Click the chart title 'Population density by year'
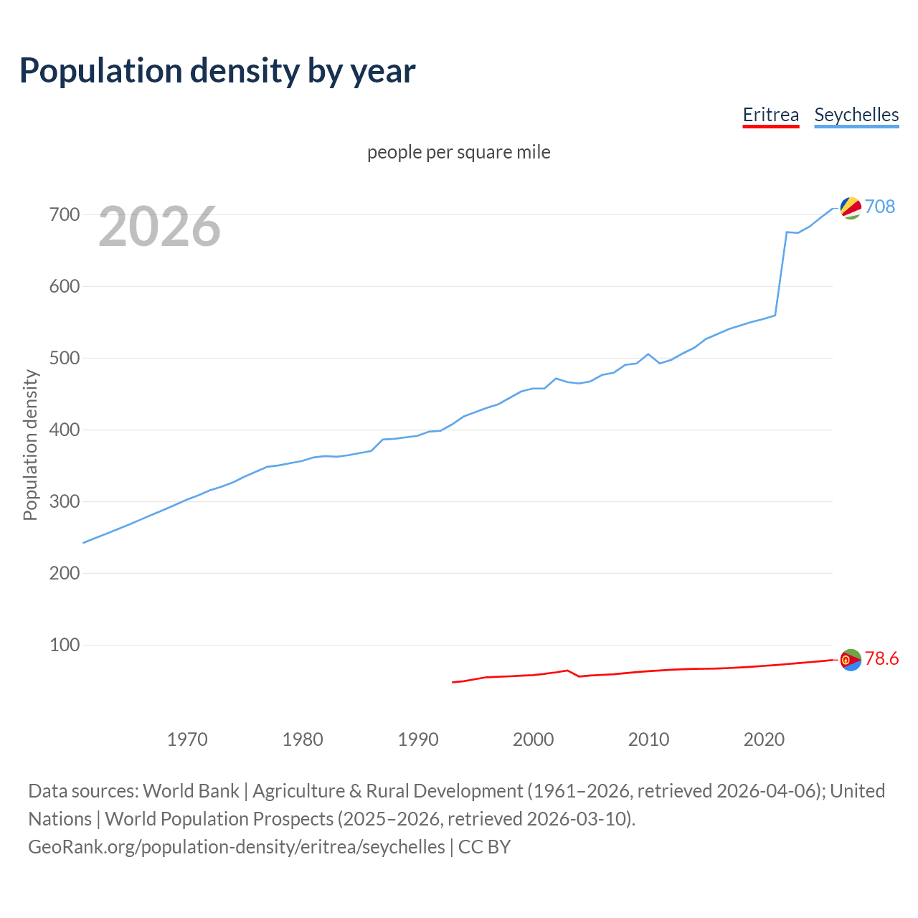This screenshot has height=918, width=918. (217, 70)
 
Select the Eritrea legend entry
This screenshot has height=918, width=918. (770, 115)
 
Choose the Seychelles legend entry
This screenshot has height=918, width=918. (856, 115)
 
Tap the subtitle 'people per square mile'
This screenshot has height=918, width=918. (459, 152)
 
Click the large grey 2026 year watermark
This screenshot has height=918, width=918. (159, 227)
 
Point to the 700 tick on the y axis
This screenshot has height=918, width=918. (65, 214)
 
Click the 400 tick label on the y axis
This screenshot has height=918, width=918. (65, 430)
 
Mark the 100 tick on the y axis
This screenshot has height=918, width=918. (65, 645)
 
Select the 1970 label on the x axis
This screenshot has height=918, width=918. (187, 739)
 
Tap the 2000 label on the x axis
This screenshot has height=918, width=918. (533, 739)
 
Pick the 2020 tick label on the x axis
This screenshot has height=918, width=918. (764, 739)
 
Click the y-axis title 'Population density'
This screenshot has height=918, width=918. (30, 445)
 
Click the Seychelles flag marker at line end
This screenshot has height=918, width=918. (851, 208)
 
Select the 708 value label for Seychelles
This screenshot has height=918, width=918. (880, 207)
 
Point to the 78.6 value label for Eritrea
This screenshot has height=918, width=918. (881, 658)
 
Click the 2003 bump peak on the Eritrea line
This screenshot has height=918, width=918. (567, 671)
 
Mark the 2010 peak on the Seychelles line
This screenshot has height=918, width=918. (648, 354)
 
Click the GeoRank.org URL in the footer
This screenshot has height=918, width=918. (237, 847)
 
